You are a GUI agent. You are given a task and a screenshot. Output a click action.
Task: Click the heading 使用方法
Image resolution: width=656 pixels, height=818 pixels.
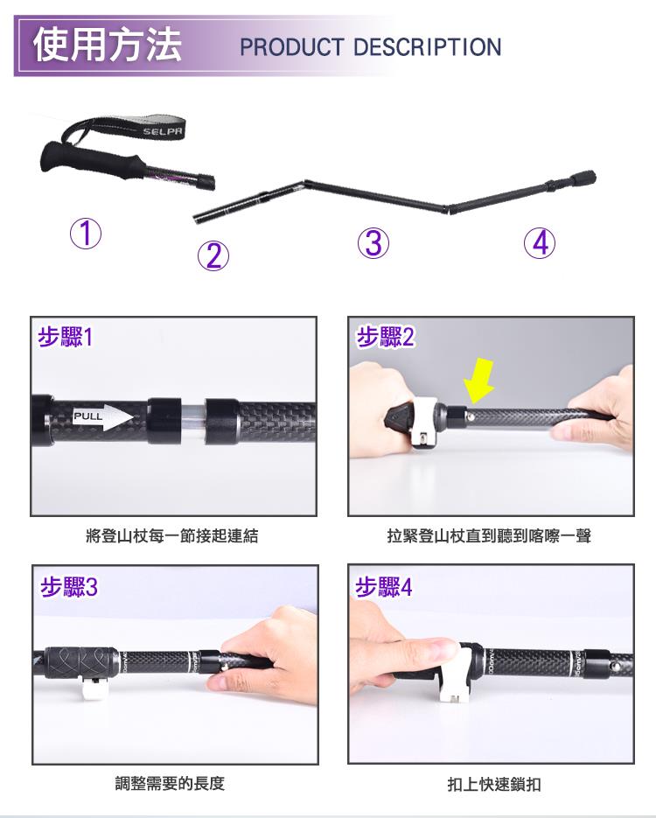(x=108, y=45)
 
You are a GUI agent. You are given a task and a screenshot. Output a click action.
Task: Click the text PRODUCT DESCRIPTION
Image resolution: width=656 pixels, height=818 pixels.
(x=371, y=47)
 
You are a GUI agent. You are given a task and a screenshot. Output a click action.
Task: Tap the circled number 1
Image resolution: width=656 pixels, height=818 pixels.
(x=86, y=234)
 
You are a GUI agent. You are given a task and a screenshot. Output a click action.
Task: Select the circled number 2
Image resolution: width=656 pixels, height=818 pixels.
(x=213, y=255)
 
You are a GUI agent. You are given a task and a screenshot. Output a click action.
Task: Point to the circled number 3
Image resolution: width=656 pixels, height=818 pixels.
(x=373, y=243)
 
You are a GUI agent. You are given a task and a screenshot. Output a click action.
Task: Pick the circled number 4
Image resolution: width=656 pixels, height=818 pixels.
(x=540, y=243)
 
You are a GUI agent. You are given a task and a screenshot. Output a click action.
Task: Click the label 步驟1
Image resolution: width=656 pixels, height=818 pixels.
(x=66, y=338)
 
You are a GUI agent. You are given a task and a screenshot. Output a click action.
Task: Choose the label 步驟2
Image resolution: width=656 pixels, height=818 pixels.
(x=386, y=337)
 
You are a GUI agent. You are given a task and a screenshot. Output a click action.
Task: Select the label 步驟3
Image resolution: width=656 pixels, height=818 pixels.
(x=69, y=587)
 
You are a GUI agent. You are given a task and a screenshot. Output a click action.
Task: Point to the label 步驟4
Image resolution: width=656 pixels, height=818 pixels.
(x=384, y=587)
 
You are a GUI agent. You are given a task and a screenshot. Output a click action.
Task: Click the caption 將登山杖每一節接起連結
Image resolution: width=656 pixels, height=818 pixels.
(x=172, y=535)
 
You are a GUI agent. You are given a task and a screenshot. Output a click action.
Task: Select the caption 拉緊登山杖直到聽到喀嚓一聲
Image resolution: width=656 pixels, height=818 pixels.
(x=489, y=535)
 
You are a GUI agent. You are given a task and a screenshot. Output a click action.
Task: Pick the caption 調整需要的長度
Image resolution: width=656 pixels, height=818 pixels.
(x=170, y=783)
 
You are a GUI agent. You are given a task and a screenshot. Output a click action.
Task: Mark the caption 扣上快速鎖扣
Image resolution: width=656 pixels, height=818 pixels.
(x=494, y=784)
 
